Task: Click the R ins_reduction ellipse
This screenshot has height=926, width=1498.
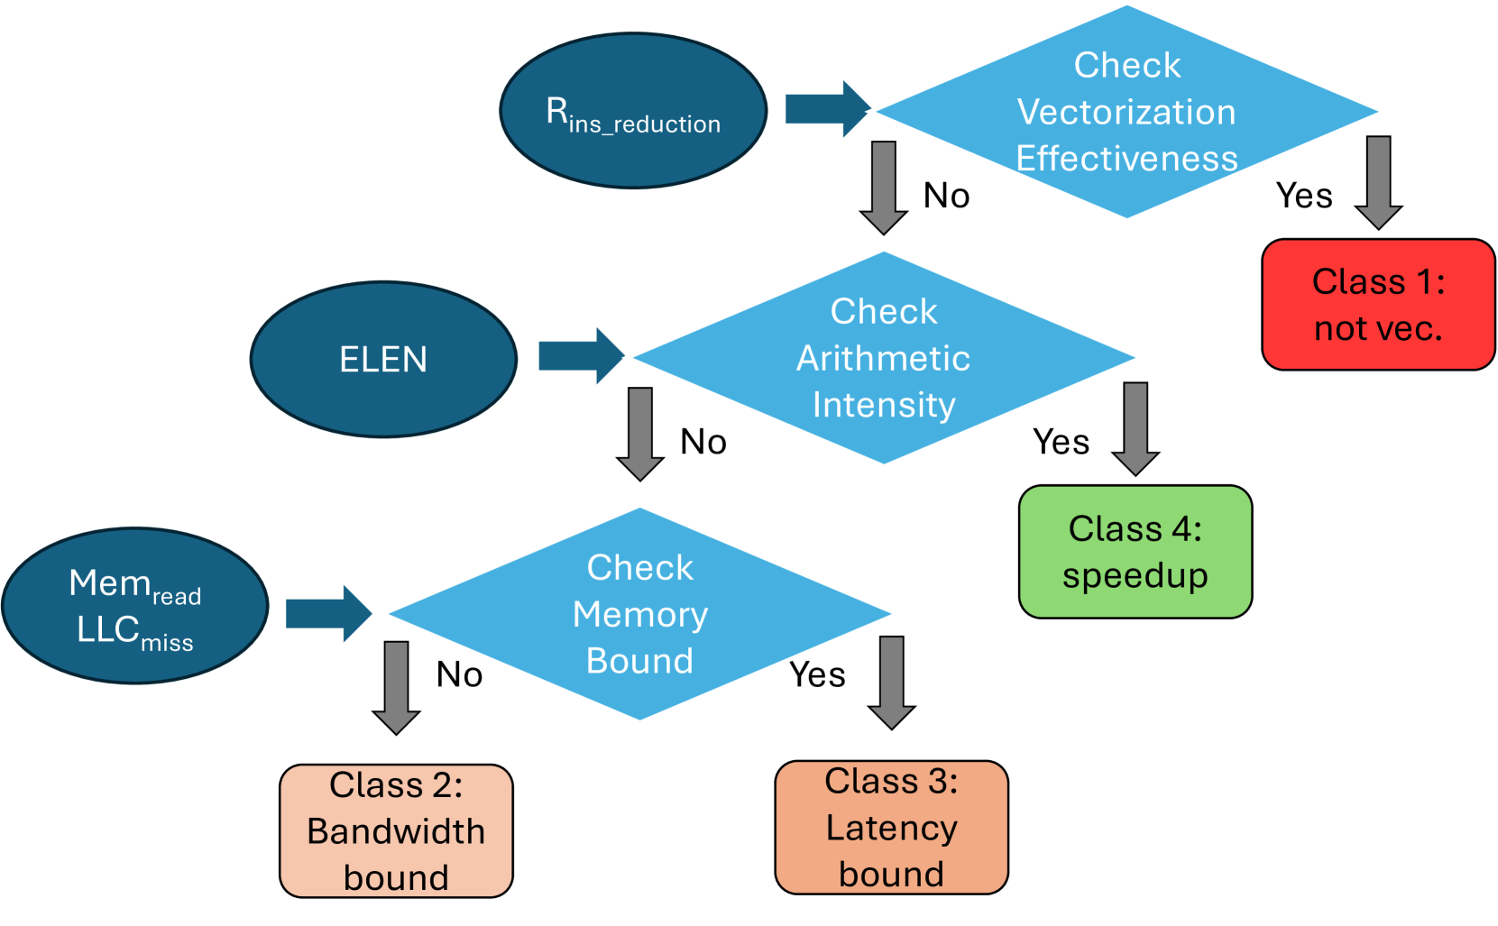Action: point(633,111)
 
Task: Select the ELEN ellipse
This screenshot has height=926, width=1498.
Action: point(383,359)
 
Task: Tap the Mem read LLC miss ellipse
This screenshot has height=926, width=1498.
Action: point(135,606)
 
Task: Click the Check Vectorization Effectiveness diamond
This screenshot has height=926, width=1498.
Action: point(1126,112)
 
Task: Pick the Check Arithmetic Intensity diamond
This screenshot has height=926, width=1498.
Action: point(884,358)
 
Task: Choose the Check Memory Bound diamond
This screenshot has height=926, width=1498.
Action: point(639,614)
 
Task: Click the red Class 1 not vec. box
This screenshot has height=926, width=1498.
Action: point(1378,305)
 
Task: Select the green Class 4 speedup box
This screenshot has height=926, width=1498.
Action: point(1135,552)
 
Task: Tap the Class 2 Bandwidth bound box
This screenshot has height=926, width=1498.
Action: point(396,830)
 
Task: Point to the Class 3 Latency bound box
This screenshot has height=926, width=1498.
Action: point(891,827)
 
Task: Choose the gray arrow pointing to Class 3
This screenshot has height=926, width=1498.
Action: point(891,682)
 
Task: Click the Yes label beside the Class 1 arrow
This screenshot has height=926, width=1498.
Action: point(1304,196)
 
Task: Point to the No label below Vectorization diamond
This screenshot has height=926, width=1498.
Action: point(946,196)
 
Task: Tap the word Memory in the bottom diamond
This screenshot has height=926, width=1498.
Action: point(640,614)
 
